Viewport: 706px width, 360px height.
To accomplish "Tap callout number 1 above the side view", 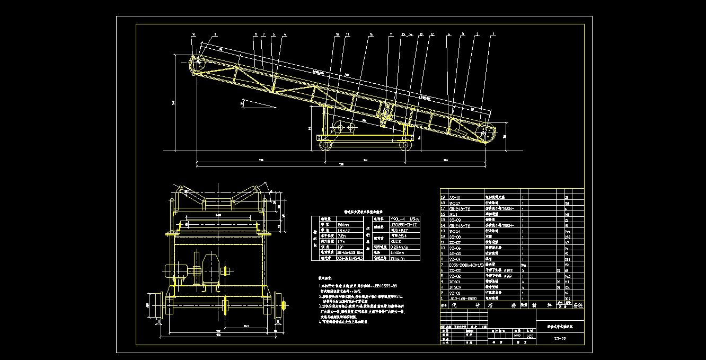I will [494, 34].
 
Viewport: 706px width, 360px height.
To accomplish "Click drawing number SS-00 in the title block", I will [560, 337].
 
